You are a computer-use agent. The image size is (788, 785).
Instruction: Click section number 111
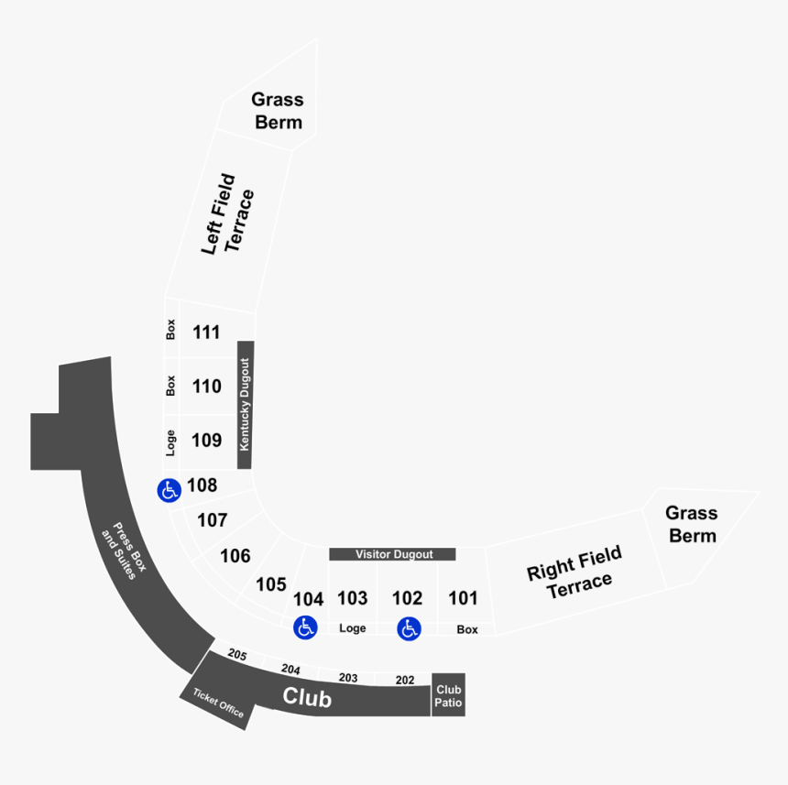[x=207, y=333]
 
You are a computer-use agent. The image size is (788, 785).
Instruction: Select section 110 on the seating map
[x=207, y=387]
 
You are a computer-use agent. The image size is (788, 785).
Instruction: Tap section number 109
[x=207, y=441]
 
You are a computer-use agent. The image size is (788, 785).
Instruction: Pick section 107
[x=213, y=520]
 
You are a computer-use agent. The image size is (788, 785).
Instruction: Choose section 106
[x=235, y=556]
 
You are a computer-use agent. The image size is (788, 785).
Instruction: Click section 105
[x=271, y=584]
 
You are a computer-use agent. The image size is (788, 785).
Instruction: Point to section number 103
[x=353, y=599]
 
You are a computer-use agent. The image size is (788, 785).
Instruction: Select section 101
[x=463, y=599]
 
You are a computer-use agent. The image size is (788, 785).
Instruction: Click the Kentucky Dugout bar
[x=245, y=405]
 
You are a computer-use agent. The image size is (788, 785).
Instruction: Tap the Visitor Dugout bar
[x=392, y=554]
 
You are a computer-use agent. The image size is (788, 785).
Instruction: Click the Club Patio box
[x=448, y=695]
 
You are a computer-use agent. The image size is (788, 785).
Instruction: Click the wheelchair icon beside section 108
[x=169, y=491]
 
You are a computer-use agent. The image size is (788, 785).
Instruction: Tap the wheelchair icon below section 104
[x=305, y=627]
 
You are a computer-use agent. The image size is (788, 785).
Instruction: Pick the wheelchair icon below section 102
[x=409, y=628]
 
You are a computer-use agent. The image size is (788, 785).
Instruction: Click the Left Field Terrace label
[x=226, y=214]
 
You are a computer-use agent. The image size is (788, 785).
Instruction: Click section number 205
[x=237, y=655]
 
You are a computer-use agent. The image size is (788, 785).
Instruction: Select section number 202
[x=405, y=681]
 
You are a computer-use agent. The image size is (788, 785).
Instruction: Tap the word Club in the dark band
[x=307, y=697]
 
